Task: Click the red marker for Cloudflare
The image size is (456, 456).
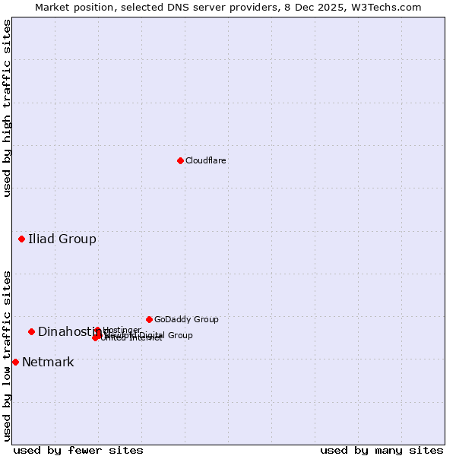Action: [180, 160]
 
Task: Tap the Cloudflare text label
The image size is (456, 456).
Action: [205, 160]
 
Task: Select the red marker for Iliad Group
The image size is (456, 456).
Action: [21, 239]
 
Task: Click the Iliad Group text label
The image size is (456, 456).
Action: [62, 239]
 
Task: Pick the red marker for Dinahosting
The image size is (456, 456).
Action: [32, 331]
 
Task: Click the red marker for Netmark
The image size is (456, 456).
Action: [15, 362]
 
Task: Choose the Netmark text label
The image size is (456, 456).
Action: [48, 362]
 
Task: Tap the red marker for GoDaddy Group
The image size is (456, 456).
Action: [149, 319]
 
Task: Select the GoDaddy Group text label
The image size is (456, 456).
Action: [186, 319]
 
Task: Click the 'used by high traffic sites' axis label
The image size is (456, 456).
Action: [7, 108]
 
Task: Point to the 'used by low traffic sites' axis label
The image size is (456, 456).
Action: [7, 356]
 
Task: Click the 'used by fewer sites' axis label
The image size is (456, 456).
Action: [78, 450]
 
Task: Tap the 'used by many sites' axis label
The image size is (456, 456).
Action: [382, 450]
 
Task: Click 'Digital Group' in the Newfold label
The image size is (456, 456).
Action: [166, 335]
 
